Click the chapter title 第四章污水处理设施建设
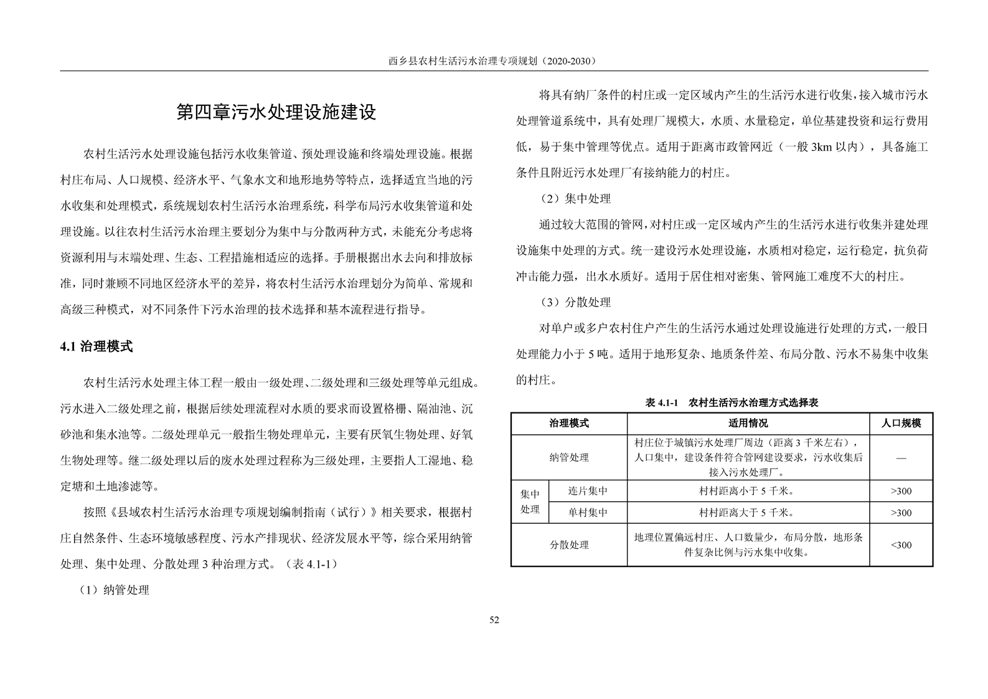pyautogui.click(x=276, y=113)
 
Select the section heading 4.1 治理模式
pyautogui.click(x=96, y=347)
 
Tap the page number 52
pyautogui.click(x=494, y=619)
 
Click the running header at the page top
pyautogui.click(x=493, y=61)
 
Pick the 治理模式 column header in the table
pyautogui.click(x=568, y=423)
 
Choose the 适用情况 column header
pyautogui.click(x=748, y=423)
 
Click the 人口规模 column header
pyautogui.click(x=901, y=423)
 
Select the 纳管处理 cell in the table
pyautogui.click(x=568, y=457)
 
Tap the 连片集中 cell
pyautogui.click(x=588, y=491)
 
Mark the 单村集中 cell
pyautogui.click(x=588, y=513)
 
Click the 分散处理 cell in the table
pyautogui.click(x=568, y=544)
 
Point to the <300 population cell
pyautogui.click(x=901, y=544)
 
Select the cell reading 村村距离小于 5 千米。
pyautogui.click(x=748, y=491)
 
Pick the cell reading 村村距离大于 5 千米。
pyautogui.click(x=748, y=513)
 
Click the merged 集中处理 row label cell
pyautogui.click(x=530, y=502)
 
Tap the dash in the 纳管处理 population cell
pyautogui.click(x=901, y=458)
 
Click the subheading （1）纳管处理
pyautogui.click(x=114, y=590)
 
